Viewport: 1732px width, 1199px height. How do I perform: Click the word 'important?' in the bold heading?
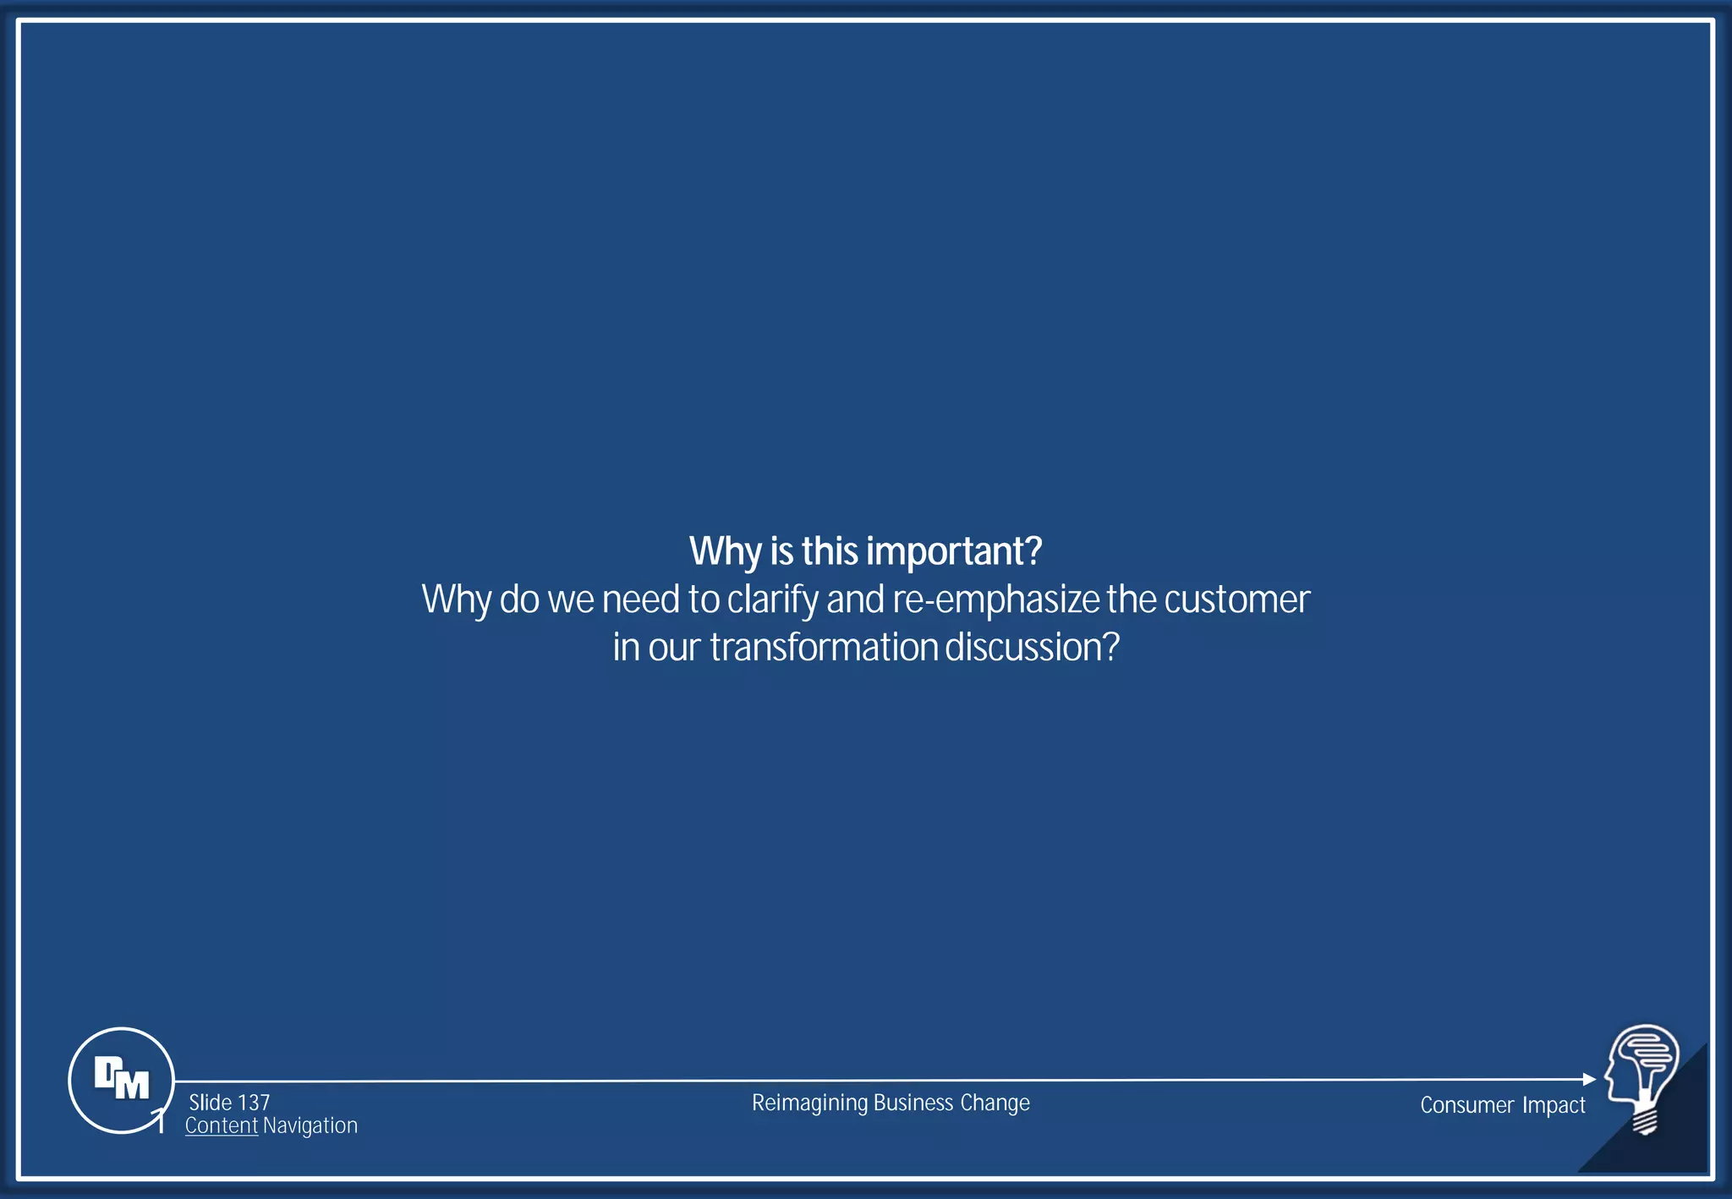coord(954,552)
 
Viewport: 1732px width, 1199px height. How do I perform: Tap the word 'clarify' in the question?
coord(772,599)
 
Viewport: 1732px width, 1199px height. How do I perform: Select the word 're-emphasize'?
coord(995,599)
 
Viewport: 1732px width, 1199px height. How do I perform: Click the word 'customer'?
coord(1236,599)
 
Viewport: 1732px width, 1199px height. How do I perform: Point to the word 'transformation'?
coord(824,648)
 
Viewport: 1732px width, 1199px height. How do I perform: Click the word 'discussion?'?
coord(1032,648)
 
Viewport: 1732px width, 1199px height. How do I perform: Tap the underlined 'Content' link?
coord(221,1125)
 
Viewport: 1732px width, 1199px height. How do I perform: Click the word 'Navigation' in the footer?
coord(310,1125)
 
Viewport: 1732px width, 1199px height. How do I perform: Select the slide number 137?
coord(254,1103)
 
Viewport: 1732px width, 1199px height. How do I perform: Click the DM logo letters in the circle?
coord(121,1078)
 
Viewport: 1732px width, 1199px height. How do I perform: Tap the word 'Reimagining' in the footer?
coord(809,1103)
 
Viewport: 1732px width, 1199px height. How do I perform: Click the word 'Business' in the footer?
coord(913,1103)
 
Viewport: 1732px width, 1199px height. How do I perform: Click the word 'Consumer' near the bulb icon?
coord(1466,1105)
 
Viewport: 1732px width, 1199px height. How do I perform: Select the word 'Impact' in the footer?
coord(1554,1105)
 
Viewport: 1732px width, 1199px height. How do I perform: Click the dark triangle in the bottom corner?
coord(1670,1142)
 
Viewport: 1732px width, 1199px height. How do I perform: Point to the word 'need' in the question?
coord(640,599)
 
